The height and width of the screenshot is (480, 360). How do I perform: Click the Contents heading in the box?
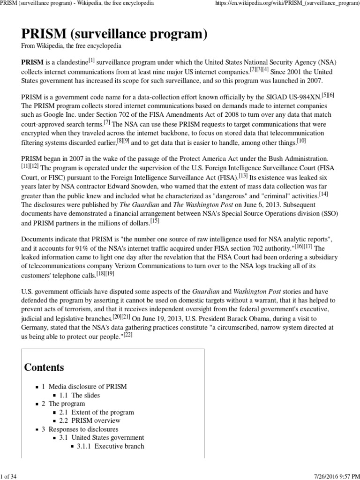44,367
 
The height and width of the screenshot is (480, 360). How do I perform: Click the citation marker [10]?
301,141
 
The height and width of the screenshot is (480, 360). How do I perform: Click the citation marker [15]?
155,220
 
